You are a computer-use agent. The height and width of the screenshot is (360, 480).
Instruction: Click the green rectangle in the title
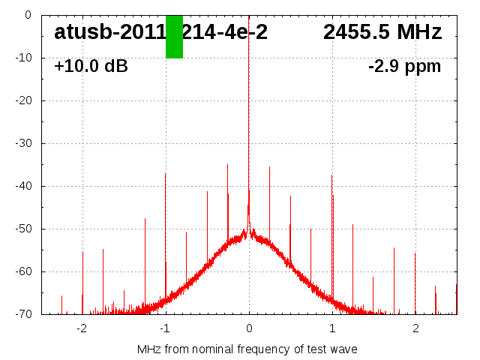click(x=174, y=36)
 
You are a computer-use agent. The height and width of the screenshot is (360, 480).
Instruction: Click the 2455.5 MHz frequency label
click(x=382, y=32)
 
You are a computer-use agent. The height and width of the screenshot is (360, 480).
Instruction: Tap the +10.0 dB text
click(x=91, y=66)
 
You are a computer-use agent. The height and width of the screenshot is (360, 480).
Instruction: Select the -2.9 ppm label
click(x=404, y=66)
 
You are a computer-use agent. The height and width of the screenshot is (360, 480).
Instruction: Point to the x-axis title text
click(x=247, y=349)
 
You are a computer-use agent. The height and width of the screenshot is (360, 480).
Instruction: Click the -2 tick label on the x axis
click(x=82, y=328)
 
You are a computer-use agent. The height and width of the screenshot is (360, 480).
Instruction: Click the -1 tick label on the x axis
click(x=165, y=328)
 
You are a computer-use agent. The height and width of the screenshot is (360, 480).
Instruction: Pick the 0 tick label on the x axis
click(x=249, y=328)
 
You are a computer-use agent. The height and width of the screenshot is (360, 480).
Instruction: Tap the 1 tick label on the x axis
click(x=332, y=328)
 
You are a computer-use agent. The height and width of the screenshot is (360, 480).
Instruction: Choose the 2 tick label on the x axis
click(x=415, y=328)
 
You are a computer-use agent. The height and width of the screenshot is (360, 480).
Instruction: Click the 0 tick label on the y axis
click(x=27, y=15)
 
